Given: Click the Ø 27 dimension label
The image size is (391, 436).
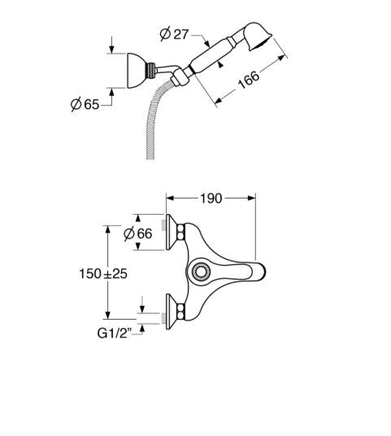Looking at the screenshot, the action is tap(174, 34).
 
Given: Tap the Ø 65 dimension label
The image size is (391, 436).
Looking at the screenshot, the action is tap(85, 104).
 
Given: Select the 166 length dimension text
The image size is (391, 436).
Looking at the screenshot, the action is tap(249, 80).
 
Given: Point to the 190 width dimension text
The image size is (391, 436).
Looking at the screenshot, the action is tap(211, 198).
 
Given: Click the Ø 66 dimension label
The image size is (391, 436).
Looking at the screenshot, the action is tap(138, 233).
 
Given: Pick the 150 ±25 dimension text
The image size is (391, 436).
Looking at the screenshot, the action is tap(103, 273).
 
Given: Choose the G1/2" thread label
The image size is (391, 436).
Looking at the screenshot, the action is tap(114, 334).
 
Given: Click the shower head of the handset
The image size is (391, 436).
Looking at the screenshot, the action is tap(258, 37).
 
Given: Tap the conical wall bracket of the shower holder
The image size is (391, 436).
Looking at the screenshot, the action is tap(137, 71).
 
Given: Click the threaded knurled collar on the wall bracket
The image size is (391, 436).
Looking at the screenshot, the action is tap(150, 71).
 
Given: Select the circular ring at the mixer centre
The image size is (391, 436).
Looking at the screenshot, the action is tap(201, 271).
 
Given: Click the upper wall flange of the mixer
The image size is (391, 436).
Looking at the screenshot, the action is tap(171, 232).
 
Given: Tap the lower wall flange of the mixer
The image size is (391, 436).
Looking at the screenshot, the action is tap(171, 312).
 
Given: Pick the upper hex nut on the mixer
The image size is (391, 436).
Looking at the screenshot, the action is tap(181, 232).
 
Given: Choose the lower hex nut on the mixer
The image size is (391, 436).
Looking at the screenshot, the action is tap(181, 312).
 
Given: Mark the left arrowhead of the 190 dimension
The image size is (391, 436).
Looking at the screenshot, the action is tap(170, 198).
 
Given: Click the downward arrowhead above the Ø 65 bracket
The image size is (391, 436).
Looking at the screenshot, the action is tap(111, 50).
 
